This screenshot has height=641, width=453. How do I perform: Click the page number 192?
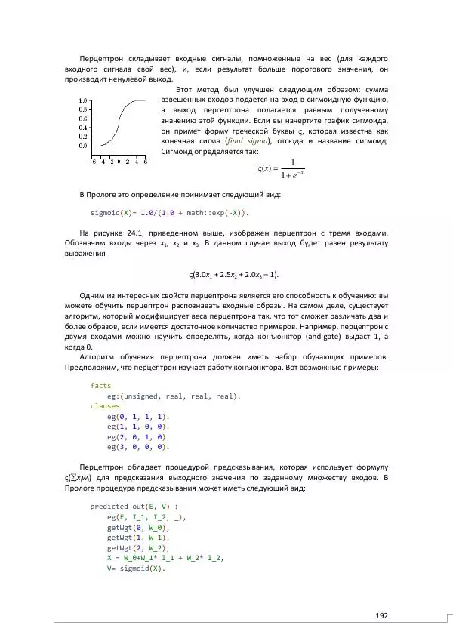pyautogui.click(x=381, y=615)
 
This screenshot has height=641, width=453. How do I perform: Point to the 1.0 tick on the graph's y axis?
pyautogui.click(x=84, y=100)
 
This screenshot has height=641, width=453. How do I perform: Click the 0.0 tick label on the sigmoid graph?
pyautogui.click(x=84, y=146)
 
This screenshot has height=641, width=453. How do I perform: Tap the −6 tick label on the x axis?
pyautogui.click(x=91, y=161)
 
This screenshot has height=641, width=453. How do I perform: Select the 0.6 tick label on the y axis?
pyautogui.click(x=84, y=119)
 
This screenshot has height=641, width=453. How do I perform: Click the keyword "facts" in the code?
pyautogui.click(x=100, y=385)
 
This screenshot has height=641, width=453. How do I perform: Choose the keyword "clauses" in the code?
pyautogui.click(x=105, y=405)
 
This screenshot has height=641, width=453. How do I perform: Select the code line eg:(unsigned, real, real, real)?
pyautogui.click(x=174, y=396)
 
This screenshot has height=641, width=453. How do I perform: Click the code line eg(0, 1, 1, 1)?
pyautogui.click(x=138, y=416)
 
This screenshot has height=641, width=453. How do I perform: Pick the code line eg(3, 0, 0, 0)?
pyautogui.click(x=138, y=446)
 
